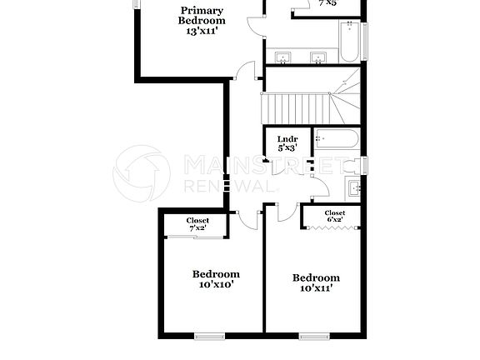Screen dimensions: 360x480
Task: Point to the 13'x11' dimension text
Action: tap(202, 31)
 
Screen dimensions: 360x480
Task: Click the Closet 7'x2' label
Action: tap(197, 220)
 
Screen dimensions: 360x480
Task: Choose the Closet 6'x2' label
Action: tap(334, 213)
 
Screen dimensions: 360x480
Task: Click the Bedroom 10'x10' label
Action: tap(216, 273)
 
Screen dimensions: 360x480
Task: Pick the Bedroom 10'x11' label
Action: tap(316, 277)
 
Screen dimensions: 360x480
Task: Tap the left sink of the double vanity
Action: tap(283, 57)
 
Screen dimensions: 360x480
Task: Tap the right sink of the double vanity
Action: tap(317, 57)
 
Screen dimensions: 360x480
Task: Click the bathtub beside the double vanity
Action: tap(349, 42)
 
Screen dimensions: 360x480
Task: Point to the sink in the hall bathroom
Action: tap(353, 187)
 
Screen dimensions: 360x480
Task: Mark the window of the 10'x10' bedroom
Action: tap(209, 337)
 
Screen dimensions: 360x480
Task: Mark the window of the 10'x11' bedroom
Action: tap(314, 337)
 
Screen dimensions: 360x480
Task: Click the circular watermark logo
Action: tap(142, 173)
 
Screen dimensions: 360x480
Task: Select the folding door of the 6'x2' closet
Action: tap(333, 227)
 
